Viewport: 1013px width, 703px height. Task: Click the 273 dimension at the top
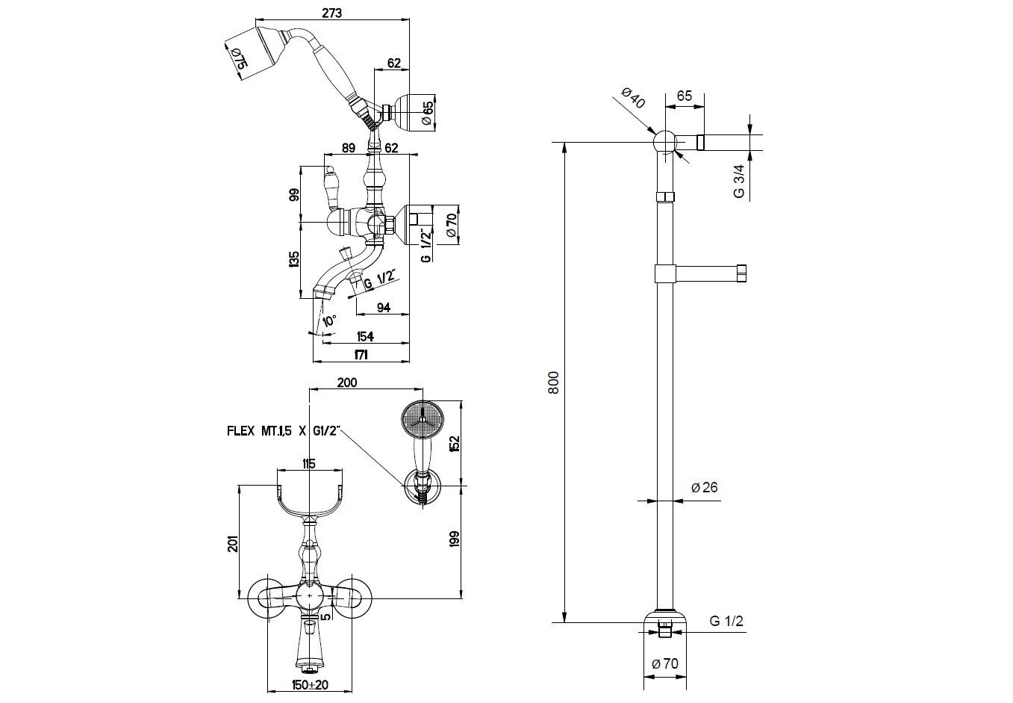pyautogui.click(x=332, y=13)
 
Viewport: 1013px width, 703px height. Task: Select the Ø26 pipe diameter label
pyautogui.click(x=704, y=488)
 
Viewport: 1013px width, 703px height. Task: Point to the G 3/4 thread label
pyautogui.click(x=739, y=181)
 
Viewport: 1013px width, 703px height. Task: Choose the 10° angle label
pyautogui.click(x=328, y=321)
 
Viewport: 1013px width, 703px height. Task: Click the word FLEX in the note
pyautogui.click(x=241, y=431)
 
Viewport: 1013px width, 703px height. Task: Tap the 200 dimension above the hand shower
pyautogui.click(x=347, y=383)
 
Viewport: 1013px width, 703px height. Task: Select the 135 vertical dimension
pyautogui.click(x=294, y=259)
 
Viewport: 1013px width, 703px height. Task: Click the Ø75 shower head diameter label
pyautogui.click(x=237, y=58)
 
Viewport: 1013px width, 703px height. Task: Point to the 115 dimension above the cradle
pyautogui.click(x=310, y=463)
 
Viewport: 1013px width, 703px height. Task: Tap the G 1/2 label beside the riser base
pyautogui.click(x=726, y=622)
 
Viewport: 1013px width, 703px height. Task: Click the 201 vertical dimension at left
pyautogui.click(x=234, y=543)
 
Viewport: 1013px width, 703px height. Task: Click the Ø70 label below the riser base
pyautogui.click(x=664, y=663)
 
